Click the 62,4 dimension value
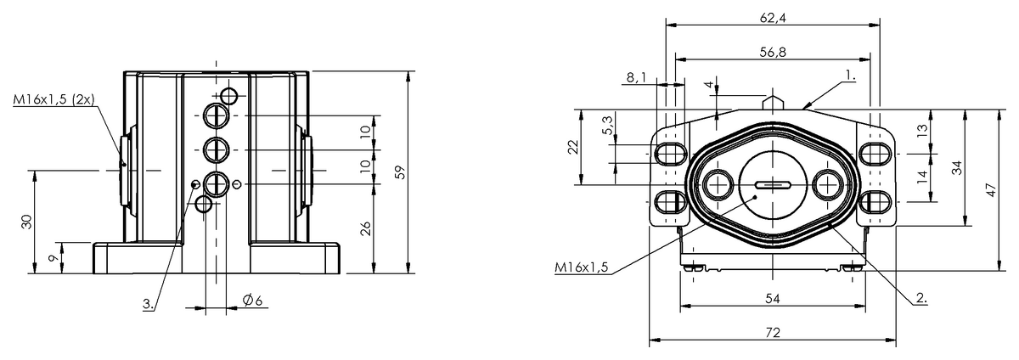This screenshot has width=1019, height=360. pos(773,18)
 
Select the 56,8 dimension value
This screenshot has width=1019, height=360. pos(773,53)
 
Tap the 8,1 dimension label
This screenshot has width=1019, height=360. pos(636,78)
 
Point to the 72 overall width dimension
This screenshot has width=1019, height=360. pos(773,333)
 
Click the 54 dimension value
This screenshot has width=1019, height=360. pos(773,299)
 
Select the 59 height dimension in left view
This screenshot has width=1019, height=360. pos(400,172)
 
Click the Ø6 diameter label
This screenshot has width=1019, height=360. pos(252,300)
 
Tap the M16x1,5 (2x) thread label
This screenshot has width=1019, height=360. pos(53,99)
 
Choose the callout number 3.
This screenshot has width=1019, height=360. pos(148,304)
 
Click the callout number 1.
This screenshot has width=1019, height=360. pos(850,76)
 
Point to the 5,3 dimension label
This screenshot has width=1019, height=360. pos(608,125)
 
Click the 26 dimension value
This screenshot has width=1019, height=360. pos(366,228)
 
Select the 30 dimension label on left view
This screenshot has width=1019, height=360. pos(27,222)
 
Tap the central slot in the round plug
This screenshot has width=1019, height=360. pos(773,185)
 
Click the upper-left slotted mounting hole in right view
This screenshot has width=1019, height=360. pos(671,154)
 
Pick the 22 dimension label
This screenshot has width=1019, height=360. pos(574,147)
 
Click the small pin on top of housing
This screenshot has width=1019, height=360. pos(773,102)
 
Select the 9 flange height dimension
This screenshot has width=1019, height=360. pos(53,258)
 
